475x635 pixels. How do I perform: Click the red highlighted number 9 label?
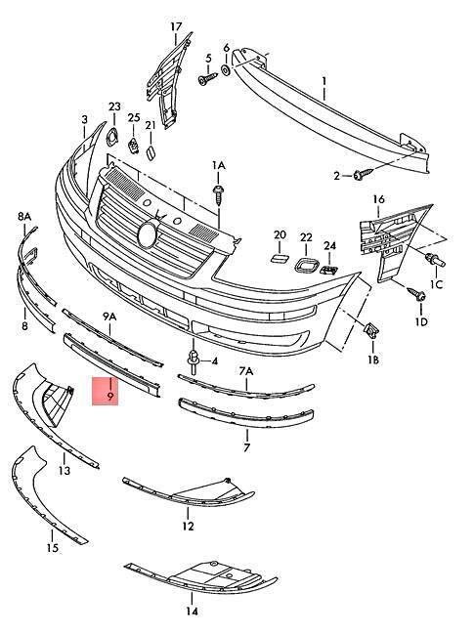(x=110, y=396)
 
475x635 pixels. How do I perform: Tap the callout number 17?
(x=176, y=26)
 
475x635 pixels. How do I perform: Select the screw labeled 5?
(x=207, y=78)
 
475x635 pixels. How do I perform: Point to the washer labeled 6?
(x=226, y=70)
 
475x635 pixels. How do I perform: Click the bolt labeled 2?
(x=364, y=175)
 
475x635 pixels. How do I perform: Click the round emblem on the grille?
(x=147, y=234)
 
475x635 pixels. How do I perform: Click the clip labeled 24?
(x=329, y=269)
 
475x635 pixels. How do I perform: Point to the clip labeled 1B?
(x=372, y=330)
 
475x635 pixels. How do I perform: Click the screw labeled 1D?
(x=415, y=293)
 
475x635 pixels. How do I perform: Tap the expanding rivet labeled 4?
(x=193, y=360)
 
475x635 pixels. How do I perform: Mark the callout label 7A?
(x=246, y=371)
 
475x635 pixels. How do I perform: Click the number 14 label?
(x=193, y=612)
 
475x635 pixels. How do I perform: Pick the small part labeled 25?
(x=133, y=146)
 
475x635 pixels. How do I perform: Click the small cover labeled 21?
(x=151, y=153)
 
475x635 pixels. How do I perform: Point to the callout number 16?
(x=378, y=199)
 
